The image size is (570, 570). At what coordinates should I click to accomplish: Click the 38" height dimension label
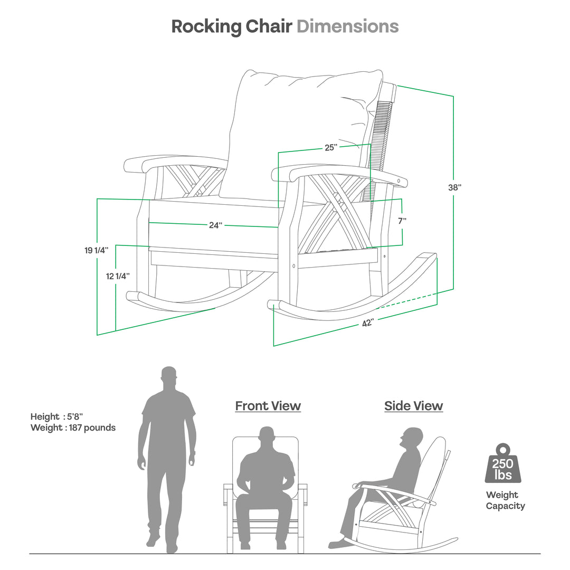point(455,187)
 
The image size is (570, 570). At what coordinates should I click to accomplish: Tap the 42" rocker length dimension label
point(368,322)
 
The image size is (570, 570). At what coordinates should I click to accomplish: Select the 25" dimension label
point(331,148)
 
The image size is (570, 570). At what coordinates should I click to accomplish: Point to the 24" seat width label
point(215,225)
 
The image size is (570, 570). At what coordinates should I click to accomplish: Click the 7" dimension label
point(402,221)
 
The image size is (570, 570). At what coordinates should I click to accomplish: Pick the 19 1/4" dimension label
point(96,250)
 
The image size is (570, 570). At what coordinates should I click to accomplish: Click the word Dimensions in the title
point(347,26)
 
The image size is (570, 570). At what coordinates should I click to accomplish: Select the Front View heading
point(268,406)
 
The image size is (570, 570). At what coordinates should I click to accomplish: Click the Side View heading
point(413,406)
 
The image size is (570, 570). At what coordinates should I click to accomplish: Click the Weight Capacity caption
point(505,500)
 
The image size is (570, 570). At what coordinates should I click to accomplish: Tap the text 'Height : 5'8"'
point(56,416)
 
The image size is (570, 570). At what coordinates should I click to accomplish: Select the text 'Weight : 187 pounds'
point(73,427)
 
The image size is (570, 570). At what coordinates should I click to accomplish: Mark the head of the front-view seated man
point(268,437)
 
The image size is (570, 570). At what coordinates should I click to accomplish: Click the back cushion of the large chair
point(296,132)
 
